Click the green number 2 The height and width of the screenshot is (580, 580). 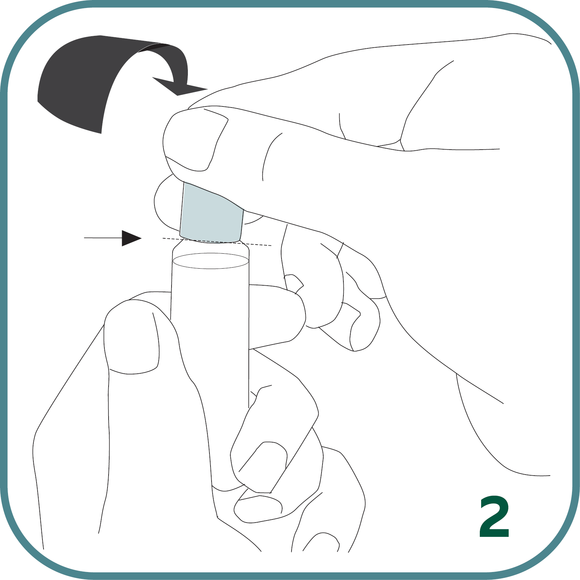[494, 517]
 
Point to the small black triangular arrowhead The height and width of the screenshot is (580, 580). [130, 238]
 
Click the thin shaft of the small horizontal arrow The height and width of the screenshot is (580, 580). [103, 238]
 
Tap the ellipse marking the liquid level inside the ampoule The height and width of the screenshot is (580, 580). [210, 261]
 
